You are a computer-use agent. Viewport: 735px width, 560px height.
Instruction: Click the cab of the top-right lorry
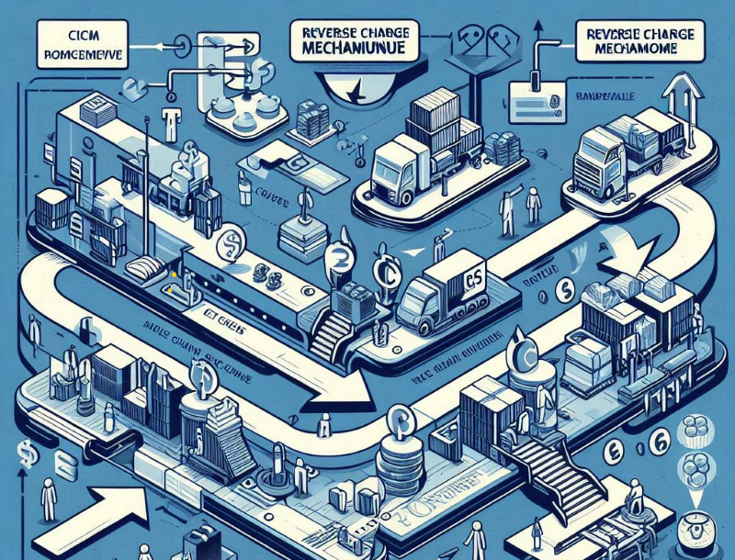(x=594, y=162)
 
